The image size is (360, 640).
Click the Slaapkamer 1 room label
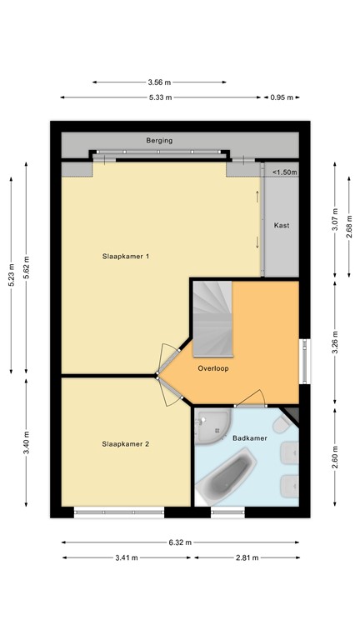click(x=126, y=256)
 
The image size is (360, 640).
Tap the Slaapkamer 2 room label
click(x=126, y=444)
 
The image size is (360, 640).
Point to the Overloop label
click(x=213, y=367)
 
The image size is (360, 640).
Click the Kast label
click(x=282, y=225)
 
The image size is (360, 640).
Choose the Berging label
click(x=159, y=141)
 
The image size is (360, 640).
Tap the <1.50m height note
click(x=284, y=172)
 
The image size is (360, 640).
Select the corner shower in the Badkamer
click(x=213, y=425)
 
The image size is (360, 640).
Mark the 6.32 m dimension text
click(x=180, y=542)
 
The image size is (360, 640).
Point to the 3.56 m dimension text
click(x=159, y=82)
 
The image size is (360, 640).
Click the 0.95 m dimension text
click(x=284, y=97)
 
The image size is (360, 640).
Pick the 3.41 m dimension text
click(x=126, y=558)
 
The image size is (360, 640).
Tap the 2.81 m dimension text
click(x=247, y=558)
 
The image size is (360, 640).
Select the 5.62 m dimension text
click(x=26, y=272)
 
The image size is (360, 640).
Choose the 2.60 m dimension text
click(x=335, y=458)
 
